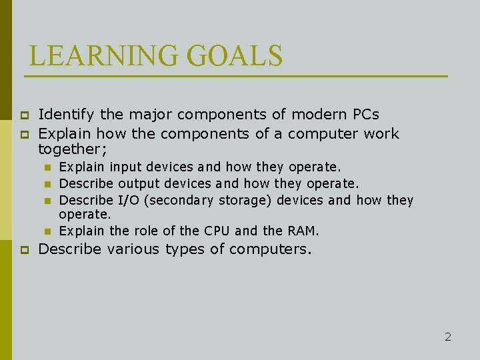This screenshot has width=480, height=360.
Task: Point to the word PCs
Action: coord(365,114)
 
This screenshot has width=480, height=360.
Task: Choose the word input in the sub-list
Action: coord(125,167)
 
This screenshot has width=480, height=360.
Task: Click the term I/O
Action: coord(129,200)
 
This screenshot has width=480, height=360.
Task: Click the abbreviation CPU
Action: coord(217,231)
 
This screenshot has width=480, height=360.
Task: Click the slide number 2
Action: coord(448,337)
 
